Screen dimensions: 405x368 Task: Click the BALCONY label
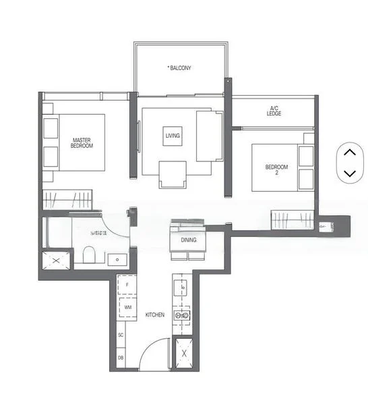(x=180, y=68)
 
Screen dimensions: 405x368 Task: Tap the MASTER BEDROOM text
(x=82, y=143)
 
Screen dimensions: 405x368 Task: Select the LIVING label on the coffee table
(x=173, y=136)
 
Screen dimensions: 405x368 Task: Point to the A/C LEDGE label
(x=274, y=111)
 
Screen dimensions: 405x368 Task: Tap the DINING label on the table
(x=189, y=240)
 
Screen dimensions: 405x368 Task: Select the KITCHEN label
(x=154, y=315)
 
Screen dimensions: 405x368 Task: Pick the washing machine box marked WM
(x=127, y=307)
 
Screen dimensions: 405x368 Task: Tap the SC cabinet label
(x=121, y=335)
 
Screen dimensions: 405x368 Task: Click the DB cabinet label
(x=121, y=358)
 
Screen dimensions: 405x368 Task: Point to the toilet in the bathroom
(x=88, y=254)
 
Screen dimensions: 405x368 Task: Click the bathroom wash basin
(x=117, y=259)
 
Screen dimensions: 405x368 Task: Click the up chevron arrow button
(x=349, y=152)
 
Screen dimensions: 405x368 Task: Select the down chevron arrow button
(x=349, y=173)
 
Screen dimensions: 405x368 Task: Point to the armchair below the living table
(x=173, y=175)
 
